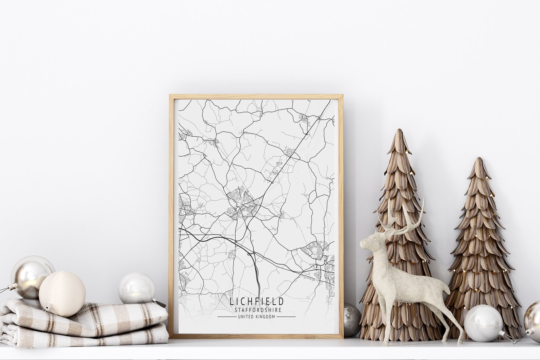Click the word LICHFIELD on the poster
256,301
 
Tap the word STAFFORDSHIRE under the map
256,310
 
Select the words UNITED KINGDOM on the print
256,316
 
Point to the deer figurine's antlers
408,218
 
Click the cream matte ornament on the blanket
62,293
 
